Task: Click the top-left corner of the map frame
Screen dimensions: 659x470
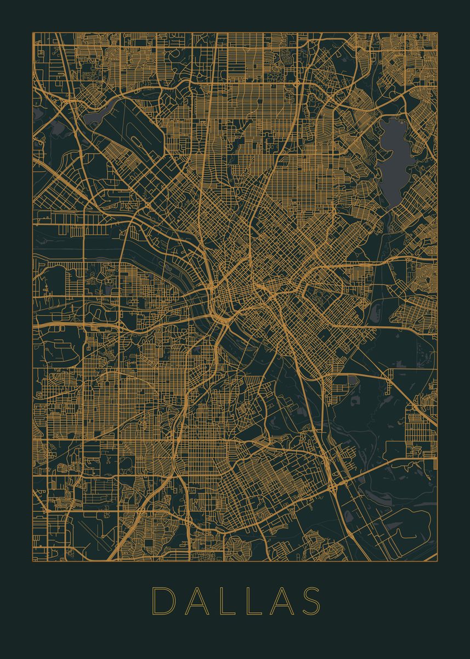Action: point(32,32)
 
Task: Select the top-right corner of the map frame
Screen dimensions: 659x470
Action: point(438,32)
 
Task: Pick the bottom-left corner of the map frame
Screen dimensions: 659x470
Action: point(32,561)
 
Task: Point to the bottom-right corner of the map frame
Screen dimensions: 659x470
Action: point(438,561)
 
